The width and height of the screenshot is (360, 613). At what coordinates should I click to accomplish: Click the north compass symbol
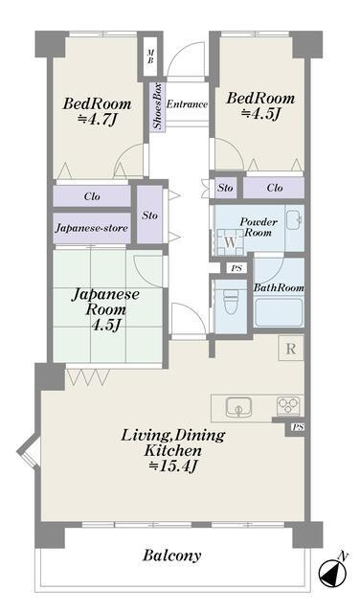point(332,573)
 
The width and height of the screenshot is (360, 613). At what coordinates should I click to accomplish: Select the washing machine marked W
point(230,241)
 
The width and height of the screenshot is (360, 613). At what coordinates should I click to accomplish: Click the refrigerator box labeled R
point(290,349)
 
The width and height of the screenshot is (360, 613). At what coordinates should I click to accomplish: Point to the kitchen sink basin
point(238,407)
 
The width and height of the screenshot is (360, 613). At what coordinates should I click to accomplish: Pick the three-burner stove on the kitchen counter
point(288,406)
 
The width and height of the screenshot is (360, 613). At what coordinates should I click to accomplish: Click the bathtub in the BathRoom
point(279,312)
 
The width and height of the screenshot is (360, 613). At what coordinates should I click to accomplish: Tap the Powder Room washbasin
point(293,219)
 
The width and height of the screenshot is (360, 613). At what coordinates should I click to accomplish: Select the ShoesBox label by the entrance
point(157,106)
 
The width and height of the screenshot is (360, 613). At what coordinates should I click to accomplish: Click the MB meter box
point(150,57)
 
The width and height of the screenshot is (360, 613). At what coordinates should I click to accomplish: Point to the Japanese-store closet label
point(92,228)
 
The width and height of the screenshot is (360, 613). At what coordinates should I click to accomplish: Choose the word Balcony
point(171,556)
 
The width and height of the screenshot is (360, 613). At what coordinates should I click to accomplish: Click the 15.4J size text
point(172,466)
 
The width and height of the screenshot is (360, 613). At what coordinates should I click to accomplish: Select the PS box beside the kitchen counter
point(298,427)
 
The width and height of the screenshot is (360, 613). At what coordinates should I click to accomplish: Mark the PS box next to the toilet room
point(236,268)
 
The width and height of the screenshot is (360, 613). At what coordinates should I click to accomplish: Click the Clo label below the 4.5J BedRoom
point(275,188)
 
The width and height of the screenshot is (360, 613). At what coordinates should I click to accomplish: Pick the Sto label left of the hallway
point(150,216)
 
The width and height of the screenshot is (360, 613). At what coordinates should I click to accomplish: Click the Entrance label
point(187,104)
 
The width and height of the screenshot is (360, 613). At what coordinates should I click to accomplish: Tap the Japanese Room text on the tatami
point(105,302)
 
